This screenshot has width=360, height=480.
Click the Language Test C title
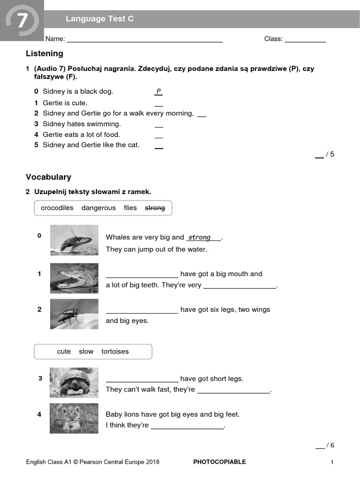[99, 19]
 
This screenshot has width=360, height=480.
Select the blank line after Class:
[305, 41]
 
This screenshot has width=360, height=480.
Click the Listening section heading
[45, 53]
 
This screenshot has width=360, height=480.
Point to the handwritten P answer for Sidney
[158, 91]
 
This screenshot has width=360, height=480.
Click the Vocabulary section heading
[48, 177]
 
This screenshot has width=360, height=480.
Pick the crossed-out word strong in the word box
[155, 208]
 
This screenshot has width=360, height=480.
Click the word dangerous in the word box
[98, 208]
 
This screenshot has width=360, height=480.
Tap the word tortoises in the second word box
[115, 351]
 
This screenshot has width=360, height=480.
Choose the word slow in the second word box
[86, 351]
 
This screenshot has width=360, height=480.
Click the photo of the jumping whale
[74, 240]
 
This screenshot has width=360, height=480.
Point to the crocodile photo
[74, 278]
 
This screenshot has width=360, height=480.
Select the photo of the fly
[74, 314]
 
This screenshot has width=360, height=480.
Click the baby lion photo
[74, 418]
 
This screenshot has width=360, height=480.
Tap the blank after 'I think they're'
[187, 427]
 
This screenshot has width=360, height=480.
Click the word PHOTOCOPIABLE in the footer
[219, 462]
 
